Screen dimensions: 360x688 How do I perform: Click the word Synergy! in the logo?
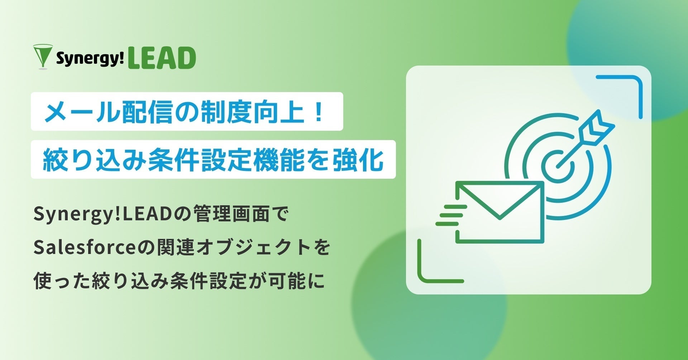tap(90, 59)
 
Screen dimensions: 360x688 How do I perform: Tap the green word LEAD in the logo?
tap(162, 58)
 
